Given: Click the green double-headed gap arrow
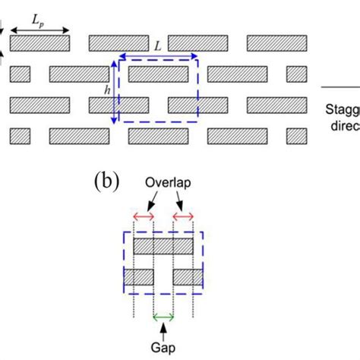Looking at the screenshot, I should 163,317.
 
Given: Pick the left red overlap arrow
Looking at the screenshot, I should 143,218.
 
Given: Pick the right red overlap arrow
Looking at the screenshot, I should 184,218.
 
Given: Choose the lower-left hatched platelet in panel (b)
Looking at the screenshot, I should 138,277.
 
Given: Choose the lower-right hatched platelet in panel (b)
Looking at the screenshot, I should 187,277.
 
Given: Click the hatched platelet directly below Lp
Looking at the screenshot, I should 40,43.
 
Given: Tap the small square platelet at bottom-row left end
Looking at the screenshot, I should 20,136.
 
